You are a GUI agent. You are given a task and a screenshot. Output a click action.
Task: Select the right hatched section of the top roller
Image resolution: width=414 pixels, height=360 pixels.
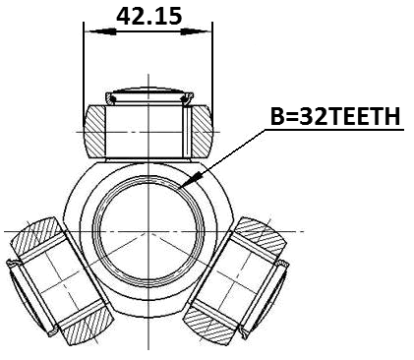(x=200, y=128)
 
